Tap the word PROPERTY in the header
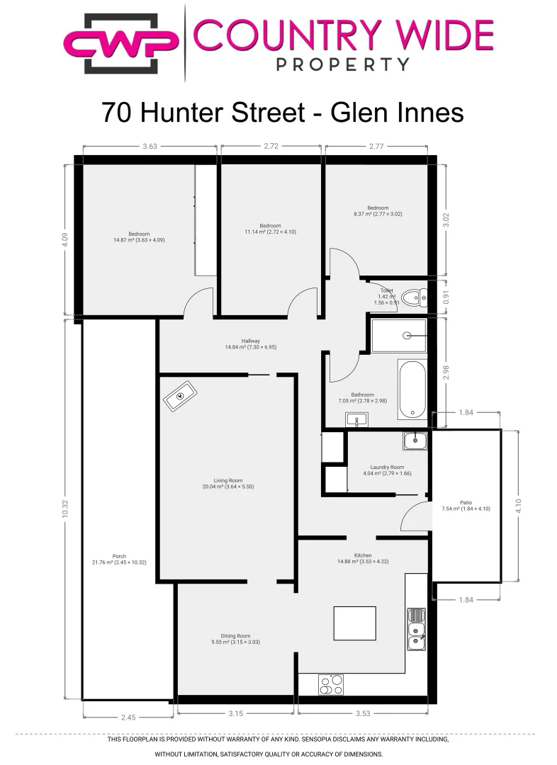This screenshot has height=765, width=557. point(342,64)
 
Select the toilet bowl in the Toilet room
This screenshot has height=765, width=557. point(412,297)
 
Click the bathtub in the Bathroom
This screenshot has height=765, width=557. point(411,390)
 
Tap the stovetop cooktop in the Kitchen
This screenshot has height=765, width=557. point(331,684)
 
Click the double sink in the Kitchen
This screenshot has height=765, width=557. point(416,628)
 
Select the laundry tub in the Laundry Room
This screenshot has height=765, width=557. point(415,441)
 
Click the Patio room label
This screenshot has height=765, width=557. point(466,505)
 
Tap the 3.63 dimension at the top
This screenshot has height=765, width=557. point(150,147)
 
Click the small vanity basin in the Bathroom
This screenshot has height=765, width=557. point(356,420)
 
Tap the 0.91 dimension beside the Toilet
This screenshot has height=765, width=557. point(446,298)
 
